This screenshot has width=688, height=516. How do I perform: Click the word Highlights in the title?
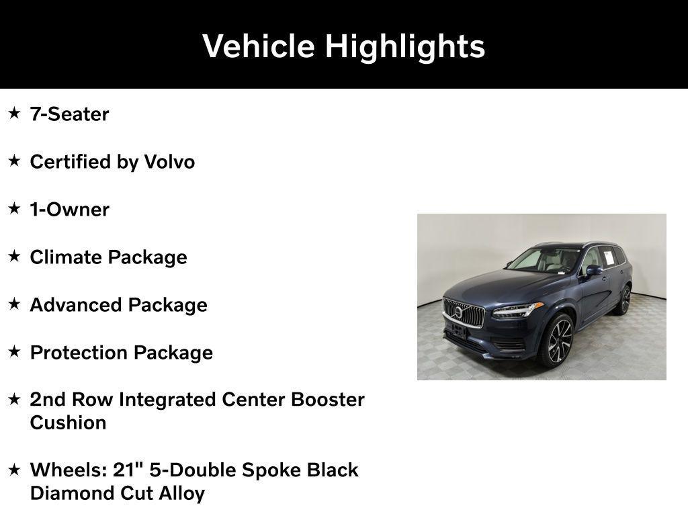[405, 46]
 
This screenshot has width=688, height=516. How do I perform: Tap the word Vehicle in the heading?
[259, 46]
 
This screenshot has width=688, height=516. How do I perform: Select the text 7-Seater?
[69, 114]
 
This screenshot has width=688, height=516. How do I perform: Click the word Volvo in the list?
[169, 162]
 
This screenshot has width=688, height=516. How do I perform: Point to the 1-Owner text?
[69, 210]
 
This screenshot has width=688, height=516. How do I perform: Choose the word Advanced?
[76, 305]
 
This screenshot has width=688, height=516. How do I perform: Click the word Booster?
[327, 400]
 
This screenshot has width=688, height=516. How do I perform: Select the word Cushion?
[68, 423]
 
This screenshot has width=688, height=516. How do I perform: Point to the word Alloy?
[181, 494]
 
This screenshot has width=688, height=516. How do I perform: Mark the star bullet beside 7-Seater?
[14, 114]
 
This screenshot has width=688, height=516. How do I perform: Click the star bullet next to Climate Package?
[14, 257]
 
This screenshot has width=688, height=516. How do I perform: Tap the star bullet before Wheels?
[14, 470]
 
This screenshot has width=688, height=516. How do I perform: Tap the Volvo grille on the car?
[463, 313]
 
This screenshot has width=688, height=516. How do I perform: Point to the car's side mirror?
[593, 270]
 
